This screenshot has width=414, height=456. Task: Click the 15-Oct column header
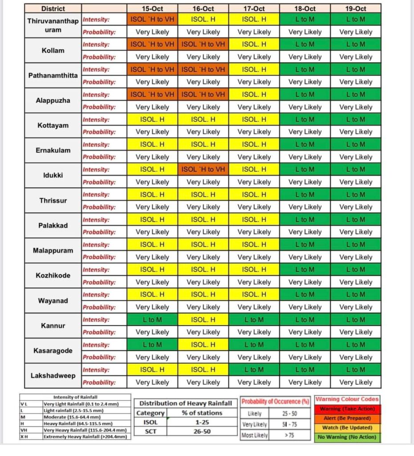[x=152, y=8]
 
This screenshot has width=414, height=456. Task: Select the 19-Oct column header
[x=356, y=8]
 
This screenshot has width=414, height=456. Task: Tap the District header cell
[x=53, y=8]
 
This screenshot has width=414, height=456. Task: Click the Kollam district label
[x=53, y=50]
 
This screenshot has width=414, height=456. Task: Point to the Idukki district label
[x=53, y=175]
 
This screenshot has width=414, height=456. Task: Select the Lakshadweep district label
[x=53, y=375]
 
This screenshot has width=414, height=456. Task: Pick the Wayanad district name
[x=53, y=301]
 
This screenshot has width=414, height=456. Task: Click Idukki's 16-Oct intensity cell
[x=203, y=169]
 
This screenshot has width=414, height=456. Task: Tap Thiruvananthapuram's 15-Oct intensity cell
[x=152, y=20]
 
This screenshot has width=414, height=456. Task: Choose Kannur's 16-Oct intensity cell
[x=203, y=320]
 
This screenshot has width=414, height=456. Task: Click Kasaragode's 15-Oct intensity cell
[x=152, y=345]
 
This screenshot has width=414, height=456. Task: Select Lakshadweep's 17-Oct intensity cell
[x=254, y=370]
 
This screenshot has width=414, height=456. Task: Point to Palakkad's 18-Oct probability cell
[x=305, y=232]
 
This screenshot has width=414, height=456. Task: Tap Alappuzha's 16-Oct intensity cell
[x=203, y=94]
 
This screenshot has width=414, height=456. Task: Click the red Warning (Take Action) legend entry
[x=347, y=409]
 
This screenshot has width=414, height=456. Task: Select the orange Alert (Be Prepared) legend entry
[x=347, y=418]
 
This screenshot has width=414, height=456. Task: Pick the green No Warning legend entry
[x=347, y=437]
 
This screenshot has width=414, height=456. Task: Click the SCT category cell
[x=150, y=432]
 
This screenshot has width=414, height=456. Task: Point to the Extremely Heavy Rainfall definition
[x=85, y=437]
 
